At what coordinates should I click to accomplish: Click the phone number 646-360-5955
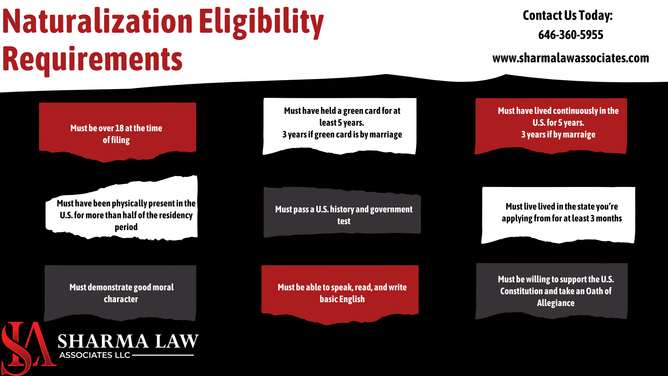(x=571, y=35)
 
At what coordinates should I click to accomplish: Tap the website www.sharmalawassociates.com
(x=571, y=58)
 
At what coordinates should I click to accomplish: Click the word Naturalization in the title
(x=97, y=22)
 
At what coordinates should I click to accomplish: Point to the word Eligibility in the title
(x=261, y=22)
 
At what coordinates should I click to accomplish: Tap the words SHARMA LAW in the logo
(x=128, y=341)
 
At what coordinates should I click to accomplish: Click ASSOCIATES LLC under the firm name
(x=95, y=355)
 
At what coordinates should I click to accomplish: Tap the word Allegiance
(x=556, y=303)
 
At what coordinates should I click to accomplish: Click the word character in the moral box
(x=121, y=299)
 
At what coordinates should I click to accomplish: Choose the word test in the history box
(x=344, y=221)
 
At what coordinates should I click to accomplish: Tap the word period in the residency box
(x=126, y=227)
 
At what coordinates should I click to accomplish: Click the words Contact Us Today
(x=567, y=15)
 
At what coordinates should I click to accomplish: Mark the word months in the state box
(x=609, y=218)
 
